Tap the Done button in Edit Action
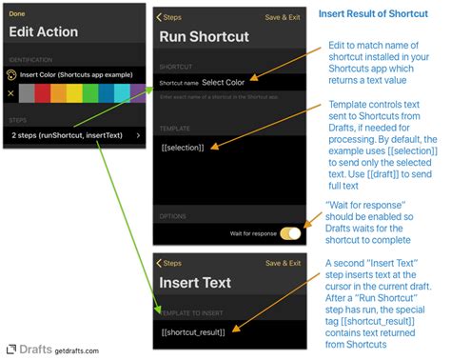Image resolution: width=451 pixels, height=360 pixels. [16, 13]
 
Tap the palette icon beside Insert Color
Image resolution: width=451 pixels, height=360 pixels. [11, 73]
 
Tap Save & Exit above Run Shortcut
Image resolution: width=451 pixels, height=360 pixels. [285, 16]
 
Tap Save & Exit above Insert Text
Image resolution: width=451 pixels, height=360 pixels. [285, 262]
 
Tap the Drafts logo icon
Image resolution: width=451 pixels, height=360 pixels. [10, 349]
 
